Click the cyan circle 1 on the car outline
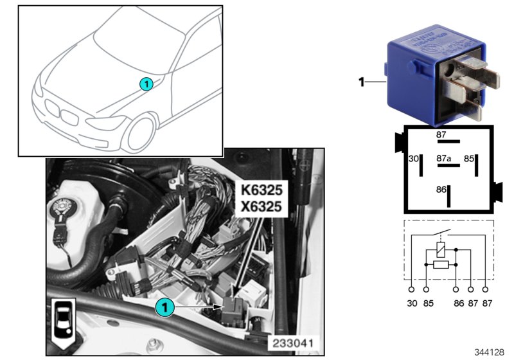[x=146, y=84]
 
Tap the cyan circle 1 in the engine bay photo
[x=165, y=308]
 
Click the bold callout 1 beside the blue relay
[x=361, y=82]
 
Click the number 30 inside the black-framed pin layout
[x=413, y=157]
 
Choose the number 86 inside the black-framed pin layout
[x=440, y=190]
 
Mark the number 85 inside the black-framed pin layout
[x=470, y=157]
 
